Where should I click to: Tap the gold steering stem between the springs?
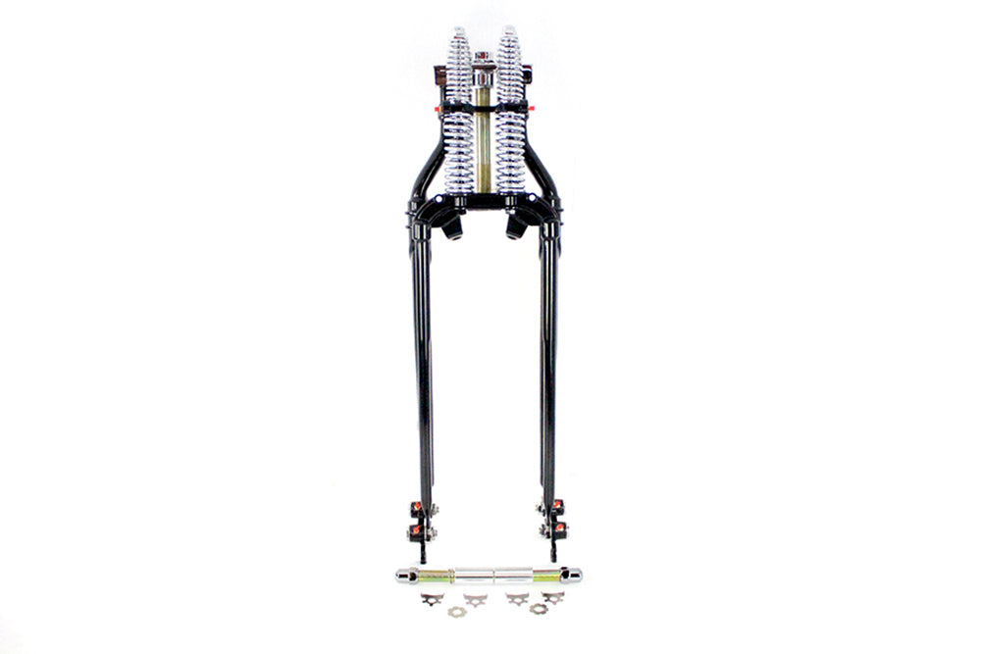click(x=483, y=137)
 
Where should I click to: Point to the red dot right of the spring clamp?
click(x=532, y=107)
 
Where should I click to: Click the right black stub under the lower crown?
click(x=513, y=227)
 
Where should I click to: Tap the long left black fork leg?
click(x=423, y=373)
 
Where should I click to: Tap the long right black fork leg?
click(x=547, y=373)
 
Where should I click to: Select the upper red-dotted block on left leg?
click(x=415, y=508)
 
